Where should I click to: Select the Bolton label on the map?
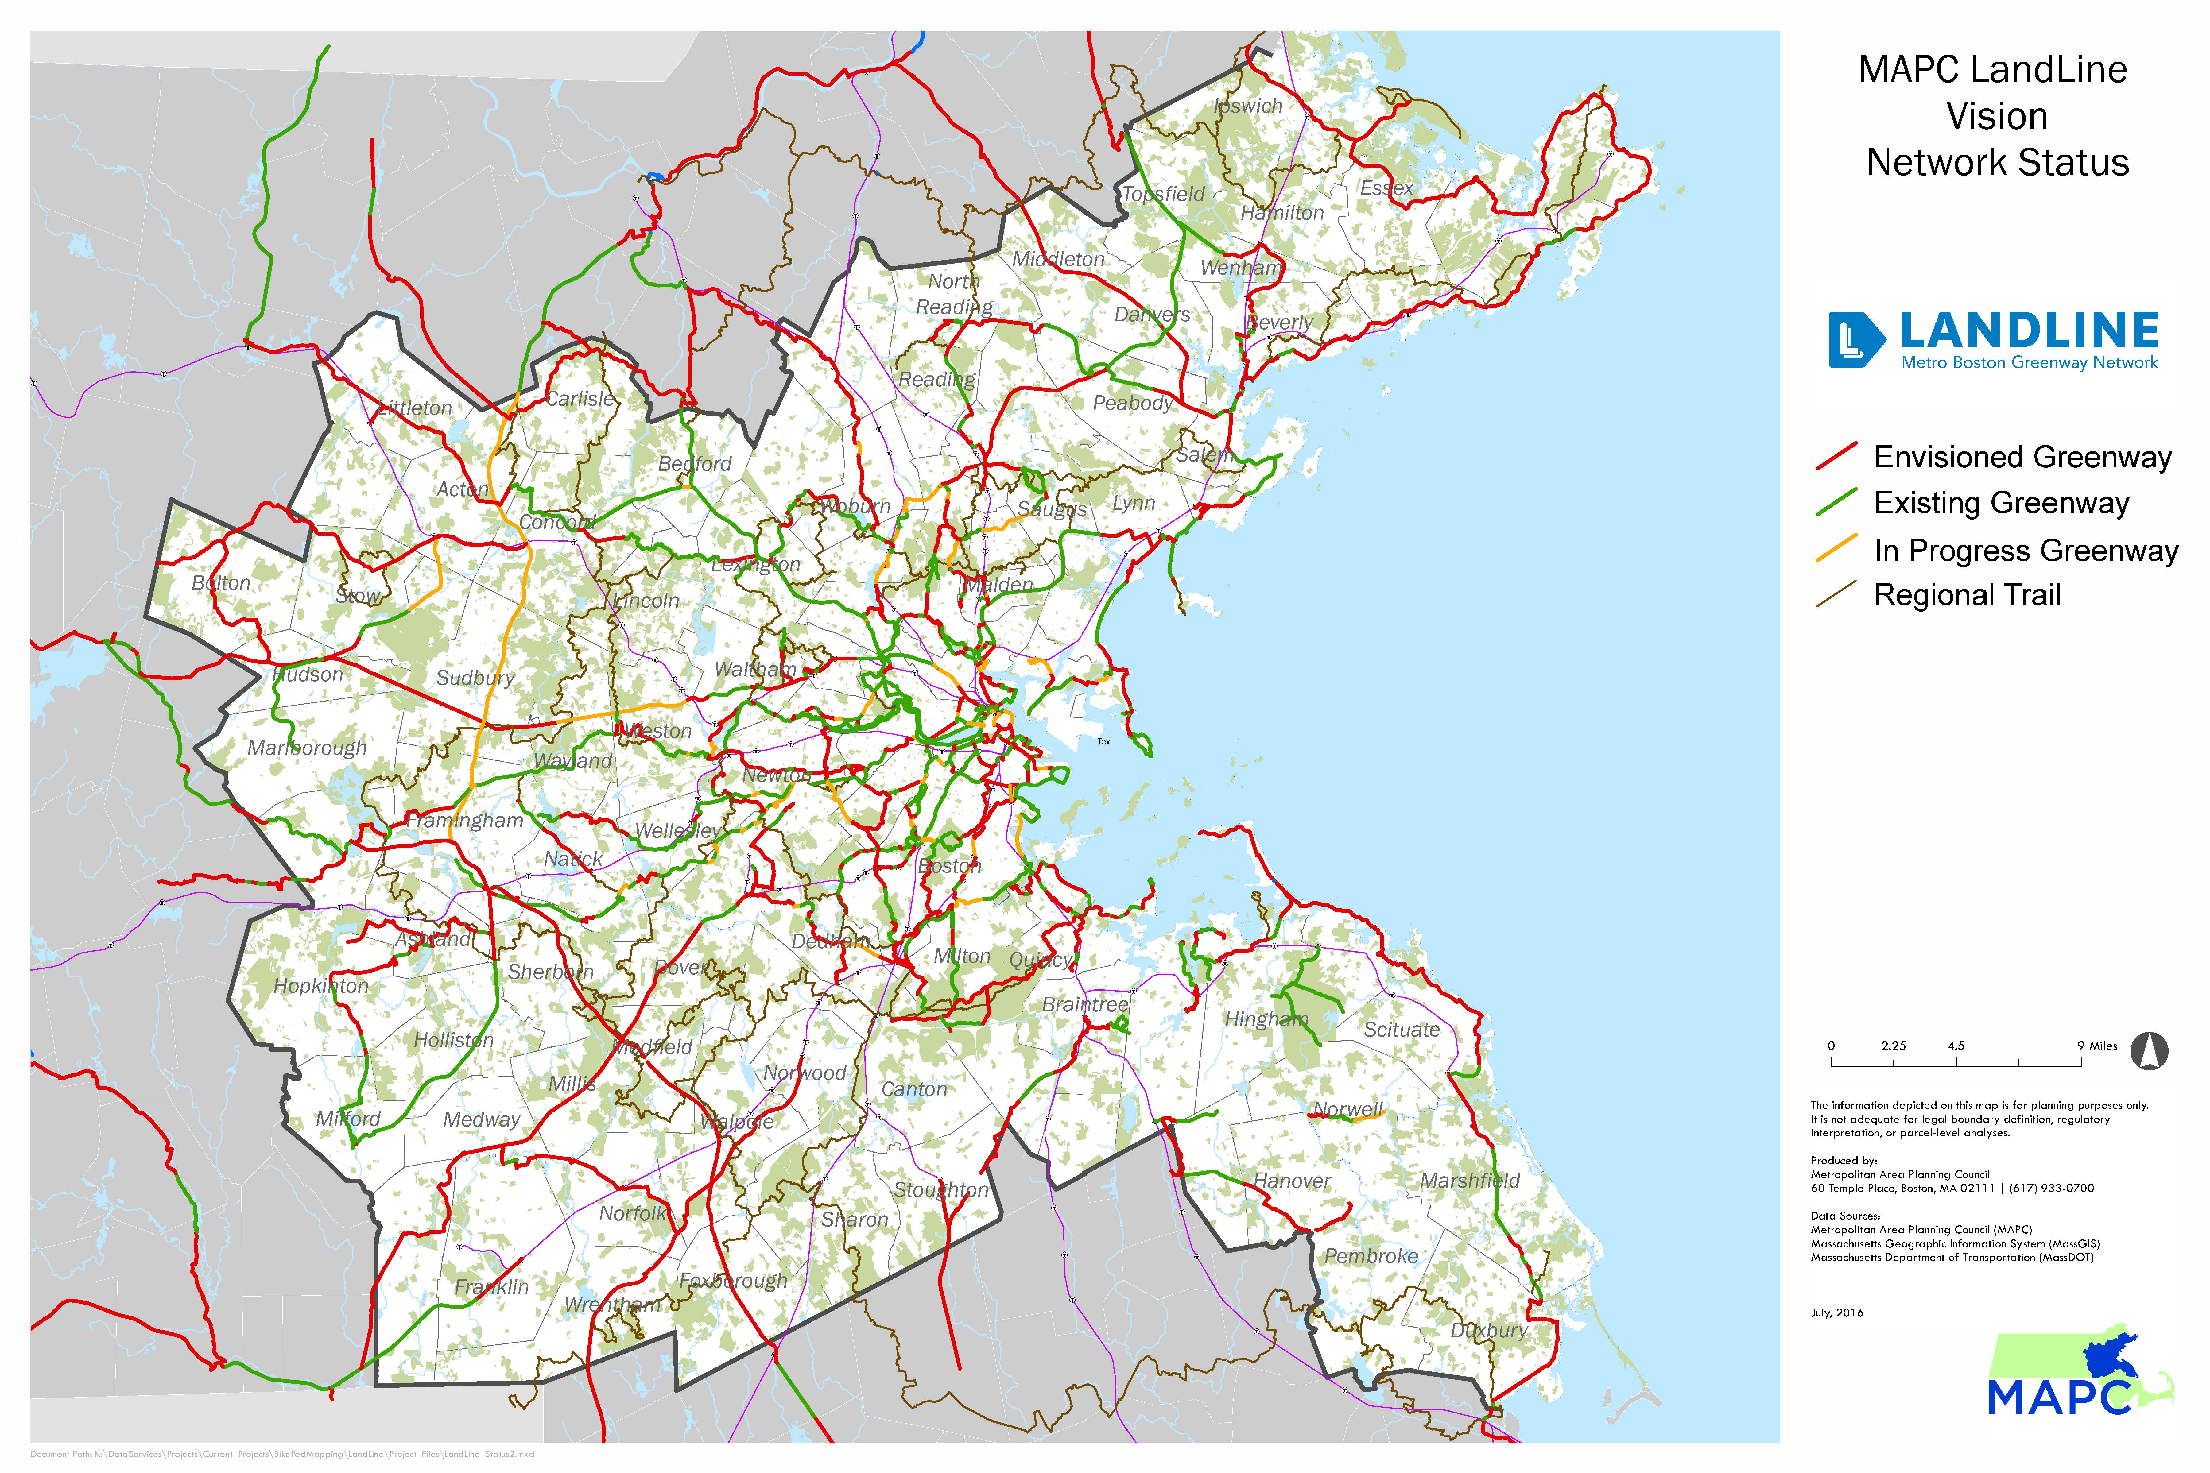point(221,582)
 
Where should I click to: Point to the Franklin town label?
point(491,1287)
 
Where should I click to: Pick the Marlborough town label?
point(306,748)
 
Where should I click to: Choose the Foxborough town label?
point(733,1280)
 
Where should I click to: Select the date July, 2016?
point(1837,1313)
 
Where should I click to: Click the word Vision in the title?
point(1997,117)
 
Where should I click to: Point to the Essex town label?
point(1386,188)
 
